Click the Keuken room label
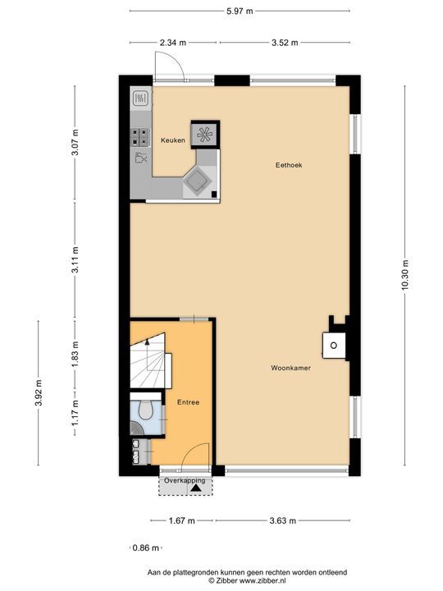172,140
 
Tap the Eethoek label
289,165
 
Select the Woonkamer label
290,369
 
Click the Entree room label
189,402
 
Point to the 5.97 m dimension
239,10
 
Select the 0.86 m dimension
146,547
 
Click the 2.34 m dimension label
173,42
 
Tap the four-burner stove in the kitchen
139,137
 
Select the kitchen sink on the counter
139,99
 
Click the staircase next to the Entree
150,361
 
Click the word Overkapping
184,479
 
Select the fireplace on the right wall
335,345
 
